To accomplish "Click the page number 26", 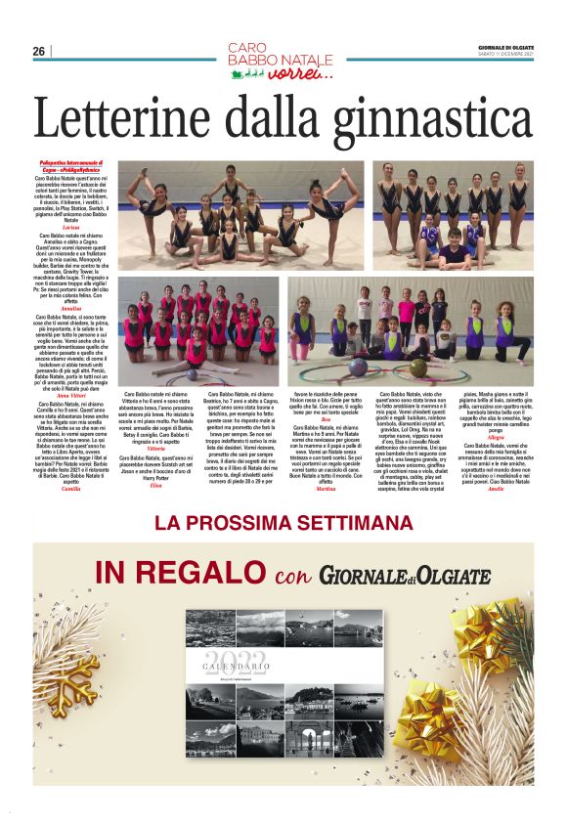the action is (x=39, y=51).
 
